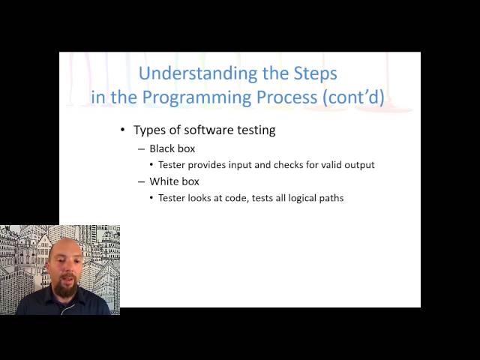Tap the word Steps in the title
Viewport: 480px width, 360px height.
[x=313, y=73]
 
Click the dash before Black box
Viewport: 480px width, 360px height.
[x=141, y=149]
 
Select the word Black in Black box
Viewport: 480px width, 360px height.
[x=163, y=148]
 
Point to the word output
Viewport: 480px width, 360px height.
[x=358, y=165]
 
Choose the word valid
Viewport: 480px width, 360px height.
[x=323, y=165]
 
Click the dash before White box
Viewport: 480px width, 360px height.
[x=141, y=182]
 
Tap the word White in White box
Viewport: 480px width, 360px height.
[x=165, y=181]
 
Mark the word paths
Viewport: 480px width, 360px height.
[x=331, y=198]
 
